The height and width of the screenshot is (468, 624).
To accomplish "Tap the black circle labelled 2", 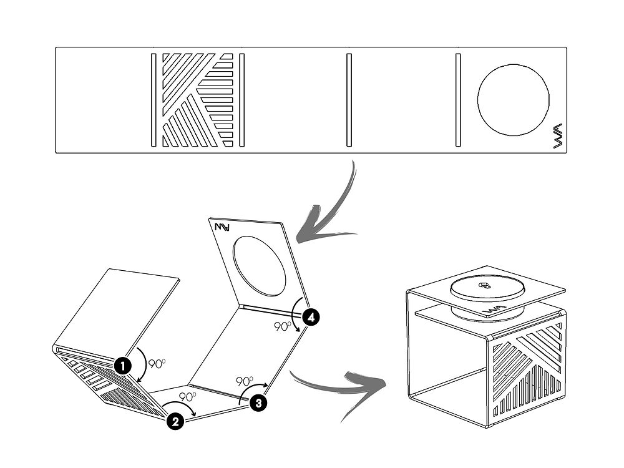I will [x=175, y=422].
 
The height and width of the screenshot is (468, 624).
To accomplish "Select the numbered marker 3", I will [x=258, y=403].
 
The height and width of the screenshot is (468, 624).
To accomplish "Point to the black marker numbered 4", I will [x=311, y=318].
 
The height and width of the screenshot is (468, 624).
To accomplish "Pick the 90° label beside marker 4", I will [x=283, y=326].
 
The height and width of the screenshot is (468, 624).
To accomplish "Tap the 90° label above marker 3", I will [x=245, y=381].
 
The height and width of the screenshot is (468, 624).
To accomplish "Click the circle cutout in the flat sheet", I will [x=513, y=99].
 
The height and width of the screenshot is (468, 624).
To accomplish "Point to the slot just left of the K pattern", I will [x=153, y=100].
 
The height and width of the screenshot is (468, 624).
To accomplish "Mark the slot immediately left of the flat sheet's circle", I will [x=458, y=100].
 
